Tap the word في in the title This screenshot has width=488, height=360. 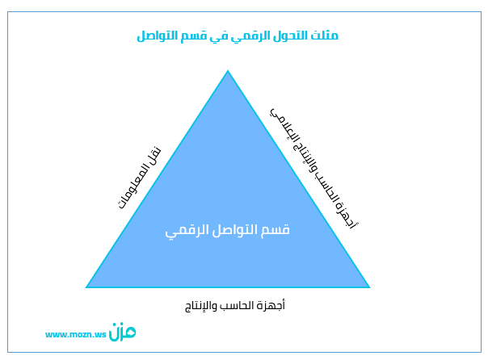point(219,36)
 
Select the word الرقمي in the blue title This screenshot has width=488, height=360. point(250,36)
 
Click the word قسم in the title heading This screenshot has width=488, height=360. point(194,36)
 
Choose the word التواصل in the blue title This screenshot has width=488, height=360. point(158,36)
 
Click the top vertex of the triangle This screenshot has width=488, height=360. point(228,70)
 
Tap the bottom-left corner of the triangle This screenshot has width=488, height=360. point(86,287)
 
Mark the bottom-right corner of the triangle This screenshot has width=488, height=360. point(369,287)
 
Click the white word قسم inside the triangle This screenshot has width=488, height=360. point(275,230)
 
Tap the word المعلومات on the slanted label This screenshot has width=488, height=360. point(133,186)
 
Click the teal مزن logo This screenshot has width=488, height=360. point(122,332)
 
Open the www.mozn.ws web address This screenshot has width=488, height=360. point(76,334)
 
